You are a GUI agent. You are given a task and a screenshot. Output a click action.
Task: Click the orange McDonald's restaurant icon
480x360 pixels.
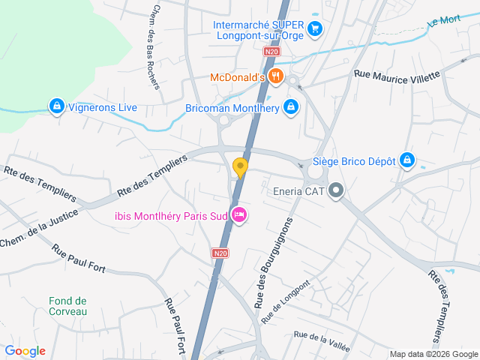[276, 76]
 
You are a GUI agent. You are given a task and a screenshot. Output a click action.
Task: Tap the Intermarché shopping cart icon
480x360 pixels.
[316, 29]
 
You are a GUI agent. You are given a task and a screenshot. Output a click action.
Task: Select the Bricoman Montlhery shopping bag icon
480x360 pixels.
[292, 108]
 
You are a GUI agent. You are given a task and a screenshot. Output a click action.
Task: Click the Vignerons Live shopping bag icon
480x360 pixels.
[55, 107]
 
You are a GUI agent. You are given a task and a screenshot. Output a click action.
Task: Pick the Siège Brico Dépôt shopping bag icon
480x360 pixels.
[406, 160]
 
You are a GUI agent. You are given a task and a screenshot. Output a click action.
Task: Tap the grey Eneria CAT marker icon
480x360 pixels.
[336, 190]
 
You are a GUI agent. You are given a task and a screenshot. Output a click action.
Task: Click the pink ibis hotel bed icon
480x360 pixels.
[239, 215]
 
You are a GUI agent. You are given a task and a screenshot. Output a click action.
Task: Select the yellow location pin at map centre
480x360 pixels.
[240, 168]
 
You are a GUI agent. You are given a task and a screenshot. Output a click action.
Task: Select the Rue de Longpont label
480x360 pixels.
[285, 301]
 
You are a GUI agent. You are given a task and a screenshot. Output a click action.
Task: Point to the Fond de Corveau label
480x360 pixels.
[68, 306]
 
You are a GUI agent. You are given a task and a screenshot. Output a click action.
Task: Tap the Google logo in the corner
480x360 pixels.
[25, 351]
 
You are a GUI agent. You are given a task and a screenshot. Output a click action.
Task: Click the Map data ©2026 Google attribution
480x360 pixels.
[433, 354]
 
